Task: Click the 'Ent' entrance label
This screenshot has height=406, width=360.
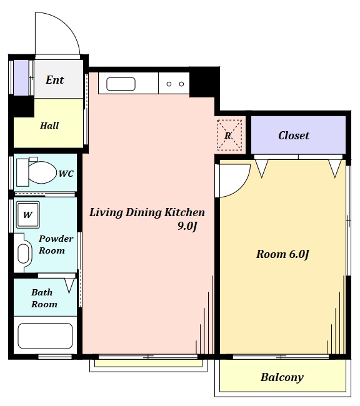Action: click(54, 80)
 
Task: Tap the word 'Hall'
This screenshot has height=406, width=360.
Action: click(49, 126)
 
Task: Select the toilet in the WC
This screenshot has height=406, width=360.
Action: click(36, 172)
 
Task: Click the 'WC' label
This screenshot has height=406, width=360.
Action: click(66, 174)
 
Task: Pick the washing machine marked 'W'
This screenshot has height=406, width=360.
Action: click(28, 215)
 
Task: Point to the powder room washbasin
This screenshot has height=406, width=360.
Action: click(23, 253)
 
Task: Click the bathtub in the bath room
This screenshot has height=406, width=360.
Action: click(45, 336)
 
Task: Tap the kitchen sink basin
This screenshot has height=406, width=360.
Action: click(121, 84)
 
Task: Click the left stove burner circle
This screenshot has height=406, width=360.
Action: click(169, 84)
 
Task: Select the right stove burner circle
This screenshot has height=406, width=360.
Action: click(181, 84)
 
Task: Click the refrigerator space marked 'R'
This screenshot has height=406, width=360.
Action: click(229, 135)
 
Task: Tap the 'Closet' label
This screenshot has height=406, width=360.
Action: click(294, 136)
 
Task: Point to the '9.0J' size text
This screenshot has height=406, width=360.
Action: click(187, 226)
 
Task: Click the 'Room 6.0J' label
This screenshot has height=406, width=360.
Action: click(282, 254)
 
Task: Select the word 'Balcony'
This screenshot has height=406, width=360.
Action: click(282, 377)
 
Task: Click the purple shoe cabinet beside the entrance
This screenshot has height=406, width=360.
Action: click(21, 77)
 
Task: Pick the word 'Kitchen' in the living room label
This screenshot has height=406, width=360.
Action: click(185, 212)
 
